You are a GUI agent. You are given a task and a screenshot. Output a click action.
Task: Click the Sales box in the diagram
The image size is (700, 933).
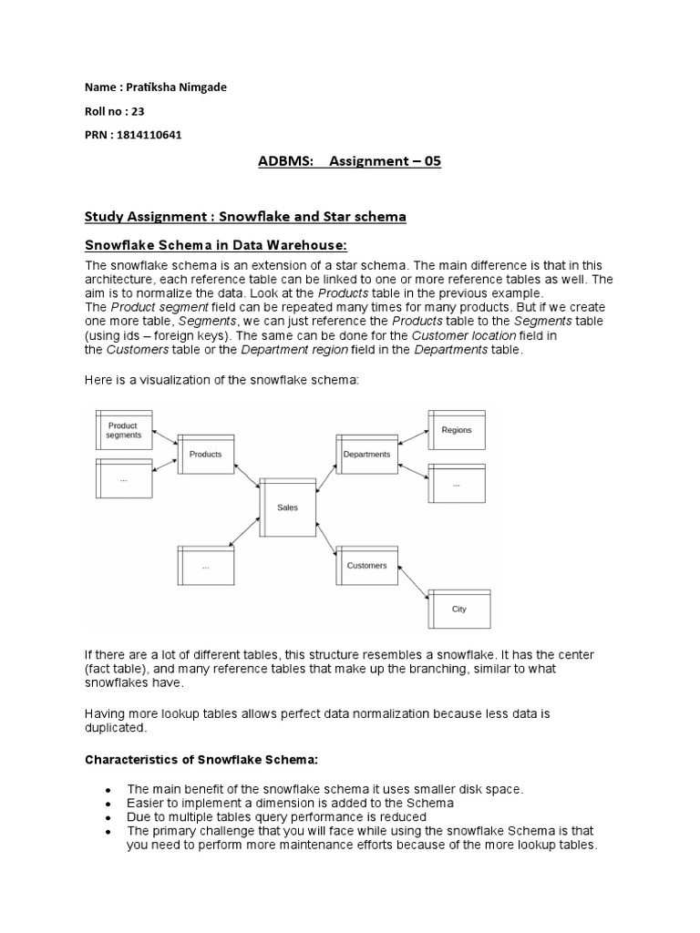[x=287, y=508]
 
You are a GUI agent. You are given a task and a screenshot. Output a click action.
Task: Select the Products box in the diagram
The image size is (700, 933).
[x=206, y=454]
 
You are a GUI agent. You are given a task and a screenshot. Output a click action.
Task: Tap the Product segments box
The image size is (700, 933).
[x=124, y=430]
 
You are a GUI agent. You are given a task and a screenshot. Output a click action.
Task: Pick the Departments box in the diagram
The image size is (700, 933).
[x=366, y=454]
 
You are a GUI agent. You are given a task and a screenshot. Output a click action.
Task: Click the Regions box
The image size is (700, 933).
[x=457, y=430]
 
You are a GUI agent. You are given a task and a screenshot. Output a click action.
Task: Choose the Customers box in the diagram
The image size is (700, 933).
[x=366, y=565]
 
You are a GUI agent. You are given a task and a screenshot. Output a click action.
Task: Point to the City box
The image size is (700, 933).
[x=458, y=609]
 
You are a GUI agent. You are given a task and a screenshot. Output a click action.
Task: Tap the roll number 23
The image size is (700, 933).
[x=139, y=111]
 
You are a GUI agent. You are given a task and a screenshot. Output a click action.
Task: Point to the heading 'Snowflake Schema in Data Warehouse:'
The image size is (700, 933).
[x=215, y=245]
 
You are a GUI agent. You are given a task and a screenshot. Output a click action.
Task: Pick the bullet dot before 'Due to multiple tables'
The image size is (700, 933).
[x=108, y=818]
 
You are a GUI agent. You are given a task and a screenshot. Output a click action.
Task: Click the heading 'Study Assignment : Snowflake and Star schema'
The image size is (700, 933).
[x=245, y=217]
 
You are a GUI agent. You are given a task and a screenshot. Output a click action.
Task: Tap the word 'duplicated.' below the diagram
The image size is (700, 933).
[x=115, y=729]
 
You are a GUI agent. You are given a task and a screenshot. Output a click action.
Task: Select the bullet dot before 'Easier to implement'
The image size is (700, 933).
[x=108, y=805]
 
